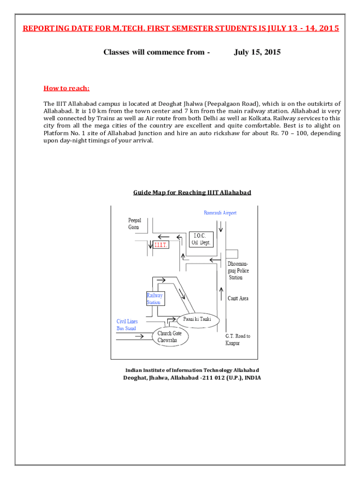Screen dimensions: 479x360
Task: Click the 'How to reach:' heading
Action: [x=66, y=88]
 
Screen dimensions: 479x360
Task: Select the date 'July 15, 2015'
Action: [x=257, y=52]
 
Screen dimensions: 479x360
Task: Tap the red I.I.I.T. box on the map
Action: [x=161, y=244]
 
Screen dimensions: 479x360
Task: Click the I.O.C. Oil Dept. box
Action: [x=202, y=239]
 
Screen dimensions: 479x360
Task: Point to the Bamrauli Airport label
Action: [x=220, y=213]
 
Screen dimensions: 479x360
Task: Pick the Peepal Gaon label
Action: [x=135, y=224]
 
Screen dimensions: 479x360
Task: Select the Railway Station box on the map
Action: [x=155, y=298]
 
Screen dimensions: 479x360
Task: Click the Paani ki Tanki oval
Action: [x=197, y=319]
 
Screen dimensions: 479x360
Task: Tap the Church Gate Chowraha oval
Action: [x=170, y=337]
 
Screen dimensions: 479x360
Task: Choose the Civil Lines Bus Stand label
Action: [x=127, y=325]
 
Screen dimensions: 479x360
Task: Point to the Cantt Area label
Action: [x=238, y=298]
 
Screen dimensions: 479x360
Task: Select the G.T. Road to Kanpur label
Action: [x=238, y=340]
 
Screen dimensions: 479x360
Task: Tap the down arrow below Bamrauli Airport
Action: [x=221, y=226]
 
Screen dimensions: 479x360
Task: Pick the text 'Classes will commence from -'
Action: [x=156, y=52]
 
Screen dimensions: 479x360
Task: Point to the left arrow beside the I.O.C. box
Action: [x=164, y=236]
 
